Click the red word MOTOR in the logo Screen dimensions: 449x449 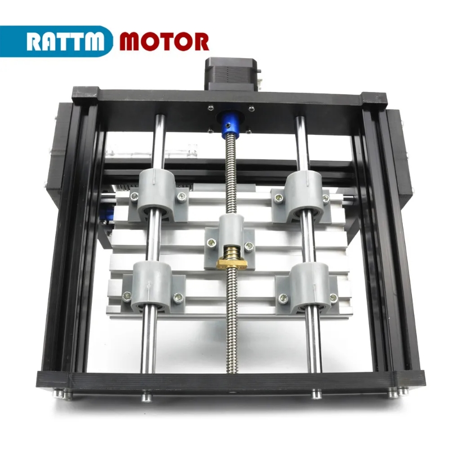point(164,41)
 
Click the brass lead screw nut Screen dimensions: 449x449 point(233,258)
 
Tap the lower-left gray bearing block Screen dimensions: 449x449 point(150,287)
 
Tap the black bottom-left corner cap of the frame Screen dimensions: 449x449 point(54,381)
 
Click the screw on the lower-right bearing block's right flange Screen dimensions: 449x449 point(334,298)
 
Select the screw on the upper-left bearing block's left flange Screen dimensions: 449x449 point(134,196)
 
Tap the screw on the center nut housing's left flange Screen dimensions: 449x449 point(210,241)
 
